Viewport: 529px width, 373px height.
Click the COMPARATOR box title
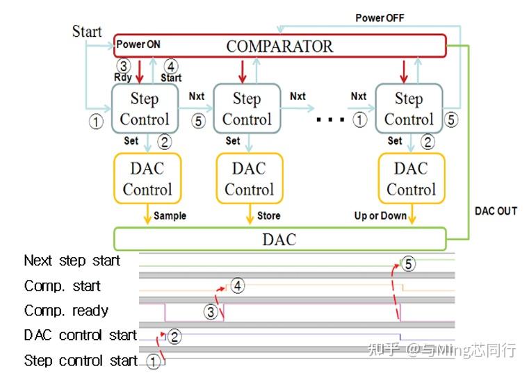pyautogui.click(x=279, y=47)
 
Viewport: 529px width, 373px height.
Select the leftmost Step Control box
pyautogui.click(x=145, y=108)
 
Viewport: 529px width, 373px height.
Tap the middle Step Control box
pyautogui.click(x=246, y=108)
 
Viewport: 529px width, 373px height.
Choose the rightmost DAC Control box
pyautogui.click(x=411, y=179)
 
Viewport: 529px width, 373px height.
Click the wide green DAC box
pyautogui.click(x=279, y=239)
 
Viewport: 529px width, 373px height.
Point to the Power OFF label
pyautogui.click(x=380, y=17)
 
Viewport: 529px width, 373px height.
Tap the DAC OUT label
pyautogui.click(x=496, y=210)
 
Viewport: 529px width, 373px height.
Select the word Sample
pyautogui.click(x=170, y=215)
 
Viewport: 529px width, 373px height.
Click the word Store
pyautogui.click(x=268, y=215)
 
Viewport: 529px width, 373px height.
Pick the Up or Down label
pyautogui.click(x=380, y=215)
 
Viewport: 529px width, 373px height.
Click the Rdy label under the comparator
pyautogui.click(x=122, y=77)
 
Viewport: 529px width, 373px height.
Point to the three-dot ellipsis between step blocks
pyautogui.click(x=330, y=119)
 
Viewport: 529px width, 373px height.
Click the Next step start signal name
pyautogui.click(x=72, y=261)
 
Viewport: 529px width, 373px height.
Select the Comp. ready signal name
pyautogui.click(x=66, y=310)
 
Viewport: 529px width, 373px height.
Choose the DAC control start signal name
pyautogui.click(x=80, y=335)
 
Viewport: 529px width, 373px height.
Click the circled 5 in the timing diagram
pyautogui.click(x=408, y=263)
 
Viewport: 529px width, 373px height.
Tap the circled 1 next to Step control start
pyautogui.click(x=153, y=361)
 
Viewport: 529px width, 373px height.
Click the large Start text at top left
pyautogui.click(x=87, y=31)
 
